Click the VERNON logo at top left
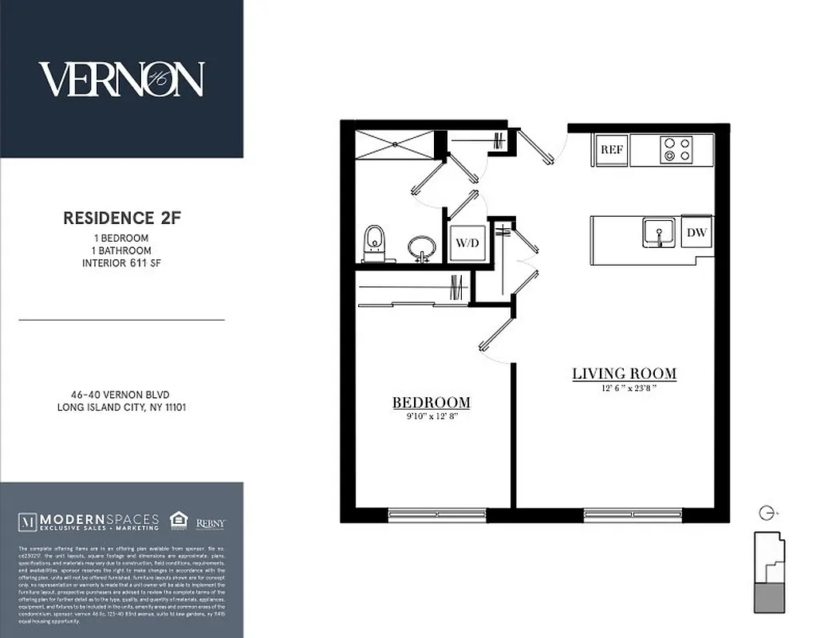click(x=121, y=80)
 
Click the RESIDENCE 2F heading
click(x=122, y=218)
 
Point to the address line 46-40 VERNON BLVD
click(x=121, y=394)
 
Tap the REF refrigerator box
click(x=611, y=150)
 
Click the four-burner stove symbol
click(x=676, y=150)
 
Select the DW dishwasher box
click(x=697, y=233)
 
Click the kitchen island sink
click(x=659, y=233)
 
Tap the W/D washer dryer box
click(x=466, y=243)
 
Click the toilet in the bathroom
click(x=374, y=243)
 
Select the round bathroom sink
click(x=421, y=246)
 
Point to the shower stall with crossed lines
click(x=396, y=145)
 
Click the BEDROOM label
click(x=431, y=403)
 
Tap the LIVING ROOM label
click(x=624, y=373)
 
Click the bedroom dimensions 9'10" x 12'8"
click(x=431, y=416)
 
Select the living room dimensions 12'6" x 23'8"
click(x=624, y=388)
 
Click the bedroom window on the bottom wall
click(x=437, y=515)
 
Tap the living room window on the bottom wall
click(x=633, y=515)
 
